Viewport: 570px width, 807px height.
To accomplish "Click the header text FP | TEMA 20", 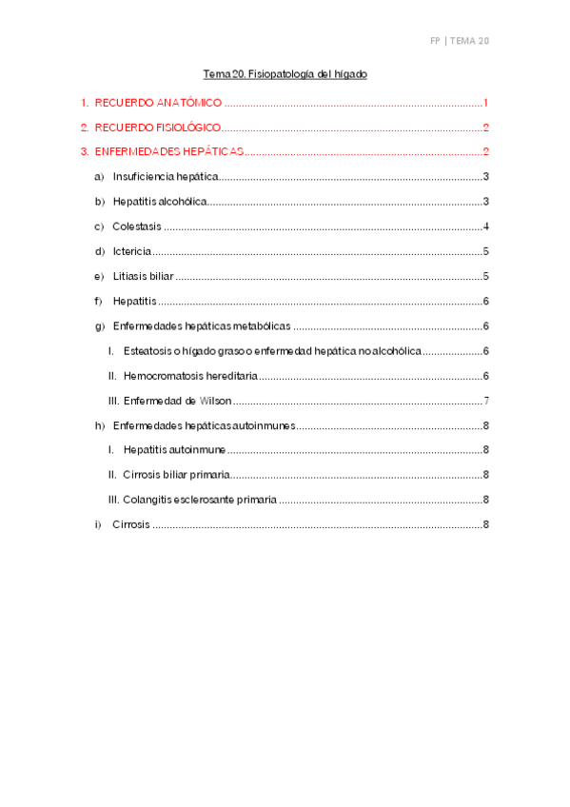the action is point(459,41).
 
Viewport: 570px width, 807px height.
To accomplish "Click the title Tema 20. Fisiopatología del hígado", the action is point(285,73).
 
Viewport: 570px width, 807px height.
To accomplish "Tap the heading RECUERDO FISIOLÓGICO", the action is point(158,128).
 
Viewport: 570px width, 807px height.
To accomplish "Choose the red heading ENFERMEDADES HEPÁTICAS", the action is point(169,152).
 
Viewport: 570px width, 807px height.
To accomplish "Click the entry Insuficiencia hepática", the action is point(166,177).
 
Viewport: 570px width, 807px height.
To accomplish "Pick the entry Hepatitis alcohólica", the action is point(159,202).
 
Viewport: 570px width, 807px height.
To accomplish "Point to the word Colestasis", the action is point(137,226).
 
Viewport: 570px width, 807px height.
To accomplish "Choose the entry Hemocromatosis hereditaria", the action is point(190,376).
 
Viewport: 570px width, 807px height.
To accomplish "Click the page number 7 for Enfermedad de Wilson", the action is point(485,401).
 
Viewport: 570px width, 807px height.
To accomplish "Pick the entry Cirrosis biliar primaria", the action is point(176,475).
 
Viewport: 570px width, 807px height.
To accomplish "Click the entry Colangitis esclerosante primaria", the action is point(200,500).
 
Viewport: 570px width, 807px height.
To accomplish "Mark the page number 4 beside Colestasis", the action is point(485,226).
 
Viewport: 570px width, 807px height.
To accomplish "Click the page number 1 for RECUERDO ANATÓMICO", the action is point(485,103).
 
